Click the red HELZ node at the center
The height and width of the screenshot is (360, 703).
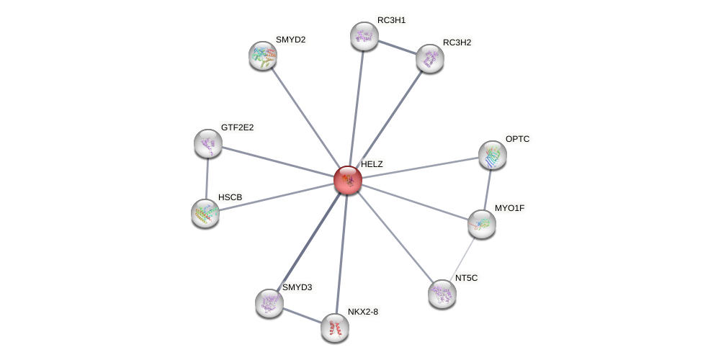(x=348, y=180)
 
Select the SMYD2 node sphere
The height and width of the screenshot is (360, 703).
(x=263, y=55)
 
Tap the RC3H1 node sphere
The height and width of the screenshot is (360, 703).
(x=364, y=36)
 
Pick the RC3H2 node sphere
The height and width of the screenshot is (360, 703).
(x=430, y=58)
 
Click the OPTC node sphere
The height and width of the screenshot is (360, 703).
(x=493, y=155)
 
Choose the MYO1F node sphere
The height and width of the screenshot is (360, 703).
(x=482, y=224)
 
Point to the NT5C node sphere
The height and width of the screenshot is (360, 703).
(x=442, y=293)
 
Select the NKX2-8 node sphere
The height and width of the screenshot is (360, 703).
(x=335, y=328)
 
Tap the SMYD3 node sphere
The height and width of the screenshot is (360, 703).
(x=269, y=303)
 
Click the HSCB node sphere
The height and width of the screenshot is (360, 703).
(x=205, y=213)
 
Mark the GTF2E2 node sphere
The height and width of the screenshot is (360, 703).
(x=208, y=143)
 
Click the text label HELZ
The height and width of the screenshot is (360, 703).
(x=372, y=164)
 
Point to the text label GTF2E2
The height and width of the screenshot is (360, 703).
(x=237, y=127)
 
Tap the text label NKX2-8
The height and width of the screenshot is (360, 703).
(x=362, y=312)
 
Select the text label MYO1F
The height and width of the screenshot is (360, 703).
(x=509, y=208)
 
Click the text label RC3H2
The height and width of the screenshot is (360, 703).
(x=457, y=42)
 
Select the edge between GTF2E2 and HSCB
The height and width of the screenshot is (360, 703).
(x=207, y=178)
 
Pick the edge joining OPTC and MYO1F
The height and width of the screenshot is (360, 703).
(x=488, y=189)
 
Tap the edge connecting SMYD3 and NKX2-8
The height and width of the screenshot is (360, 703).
(x=302, y=315)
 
